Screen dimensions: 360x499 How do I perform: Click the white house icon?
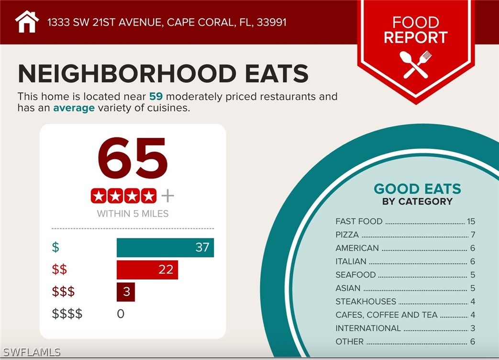pos(27,22)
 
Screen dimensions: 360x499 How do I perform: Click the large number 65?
pos(133,158)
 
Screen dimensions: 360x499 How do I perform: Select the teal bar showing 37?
pos(165,247)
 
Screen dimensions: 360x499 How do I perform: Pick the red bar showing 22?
pos(147,270)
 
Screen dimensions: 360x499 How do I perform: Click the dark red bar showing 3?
pos(125,292)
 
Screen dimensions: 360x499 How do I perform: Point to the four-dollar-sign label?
pos(67,314)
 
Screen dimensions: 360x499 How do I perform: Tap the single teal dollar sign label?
pos(55,247)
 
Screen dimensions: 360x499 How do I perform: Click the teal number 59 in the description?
pos(156,96)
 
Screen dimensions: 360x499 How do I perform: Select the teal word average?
pos(74,108)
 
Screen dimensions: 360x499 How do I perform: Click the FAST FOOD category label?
pos(359,221)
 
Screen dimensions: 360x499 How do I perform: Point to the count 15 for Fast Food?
pos(471,221)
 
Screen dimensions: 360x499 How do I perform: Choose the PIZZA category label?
pos(347,235)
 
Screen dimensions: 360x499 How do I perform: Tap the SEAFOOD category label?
pos(355,275)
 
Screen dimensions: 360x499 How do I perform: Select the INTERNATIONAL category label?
pos(368,328)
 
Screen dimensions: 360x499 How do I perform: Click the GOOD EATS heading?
pos(417,189)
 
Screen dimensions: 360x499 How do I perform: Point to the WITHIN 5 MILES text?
pos(133,214)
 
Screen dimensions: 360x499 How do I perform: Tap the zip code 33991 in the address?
pos(271,22)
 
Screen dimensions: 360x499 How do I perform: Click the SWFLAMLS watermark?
pos(31,352)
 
